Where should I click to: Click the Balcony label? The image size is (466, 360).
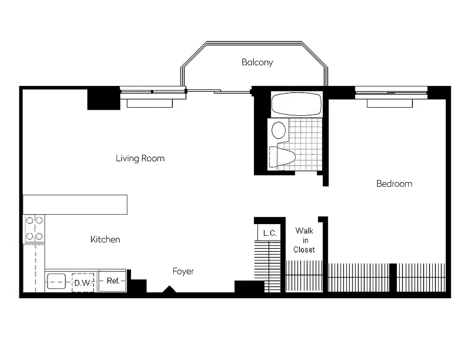tap(257, 62)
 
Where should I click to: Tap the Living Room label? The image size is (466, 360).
tap(140, 158)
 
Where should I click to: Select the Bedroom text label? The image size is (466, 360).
tap(394, 184)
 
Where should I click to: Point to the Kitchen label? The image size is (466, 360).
tap(105, 239)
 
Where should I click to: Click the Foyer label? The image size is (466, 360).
tap(183, 271)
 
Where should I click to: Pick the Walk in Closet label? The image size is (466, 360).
tap(304, 240)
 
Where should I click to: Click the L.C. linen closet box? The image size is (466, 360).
tap(269, 233)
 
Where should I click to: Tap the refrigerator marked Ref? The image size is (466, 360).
tap(113, 281)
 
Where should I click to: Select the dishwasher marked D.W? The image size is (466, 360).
tap(83, 283)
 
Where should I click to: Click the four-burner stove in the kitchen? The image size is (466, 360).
tap(35, 228)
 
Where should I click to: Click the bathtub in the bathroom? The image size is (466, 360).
tap(297, 104)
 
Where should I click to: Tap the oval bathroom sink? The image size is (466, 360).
tap(279, 130)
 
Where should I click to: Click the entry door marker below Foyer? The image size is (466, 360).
tap(169, 290)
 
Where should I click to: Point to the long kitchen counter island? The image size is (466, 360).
tap(75, 204)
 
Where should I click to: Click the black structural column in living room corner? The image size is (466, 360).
tap(104, 99)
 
